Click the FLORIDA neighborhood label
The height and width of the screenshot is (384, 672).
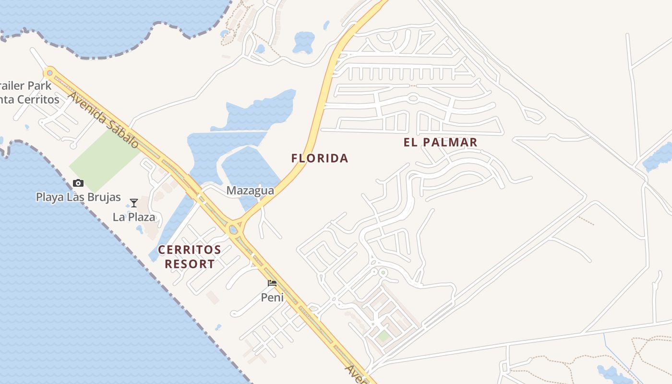point(320,158)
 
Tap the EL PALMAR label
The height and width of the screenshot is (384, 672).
point(441,143)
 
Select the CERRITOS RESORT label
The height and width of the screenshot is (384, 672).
point(190,257)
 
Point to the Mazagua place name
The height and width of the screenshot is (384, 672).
point(250,191)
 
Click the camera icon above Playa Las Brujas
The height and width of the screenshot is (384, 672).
point(78,183)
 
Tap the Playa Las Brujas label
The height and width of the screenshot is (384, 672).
point(78,197)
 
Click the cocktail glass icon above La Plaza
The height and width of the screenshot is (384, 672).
point(134,203)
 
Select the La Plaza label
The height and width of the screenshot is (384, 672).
point(134,217)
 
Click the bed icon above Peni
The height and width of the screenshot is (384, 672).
point(272,283)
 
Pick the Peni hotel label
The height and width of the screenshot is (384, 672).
point(272,298)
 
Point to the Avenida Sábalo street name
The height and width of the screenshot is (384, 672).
point(103,120)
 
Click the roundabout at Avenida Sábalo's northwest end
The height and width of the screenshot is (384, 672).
point(49,73)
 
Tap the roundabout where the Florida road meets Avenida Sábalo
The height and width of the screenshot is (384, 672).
point(234,229)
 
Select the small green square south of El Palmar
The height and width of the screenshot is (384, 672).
point(383,336)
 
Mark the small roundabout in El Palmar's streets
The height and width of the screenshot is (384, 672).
point(413,98)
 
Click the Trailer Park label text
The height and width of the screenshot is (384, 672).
point(26,86)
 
